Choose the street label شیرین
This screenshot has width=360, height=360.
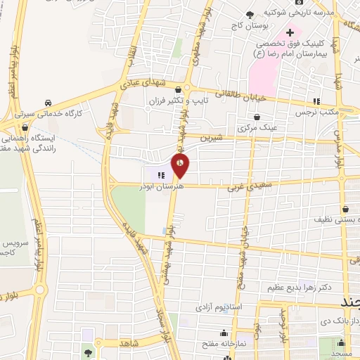tap(214, 138)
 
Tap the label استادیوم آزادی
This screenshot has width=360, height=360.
tap(219, 308)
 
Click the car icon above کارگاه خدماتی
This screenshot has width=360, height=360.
tap(47, 102)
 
